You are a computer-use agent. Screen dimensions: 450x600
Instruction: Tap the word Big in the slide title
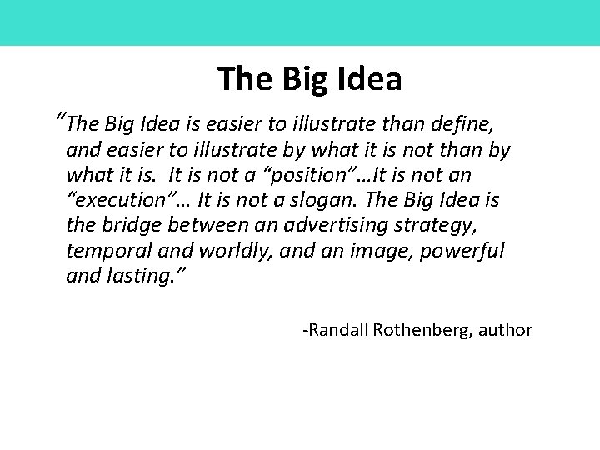[302, 79]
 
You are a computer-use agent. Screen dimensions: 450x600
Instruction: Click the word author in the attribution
[506, 330]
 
